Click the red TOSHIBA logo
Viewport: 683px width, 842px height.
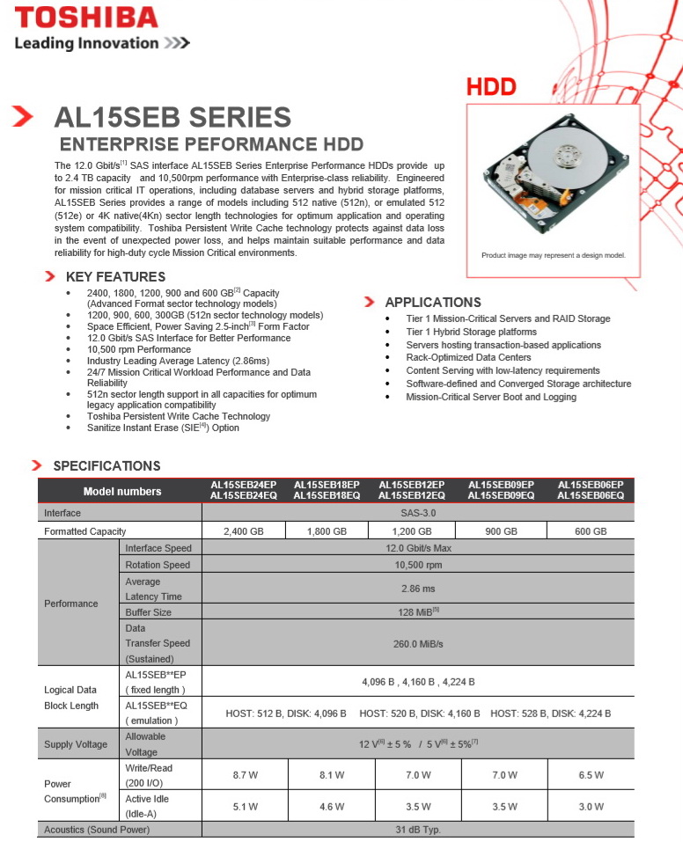(x=86, y=18)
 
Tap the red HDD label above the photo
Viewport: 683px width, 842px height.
(x=491, y=87)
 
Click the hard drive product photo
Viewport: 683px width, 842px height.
(x=551, y=176)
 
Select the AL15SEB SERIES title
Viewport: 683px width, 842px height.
(x=173, y=117)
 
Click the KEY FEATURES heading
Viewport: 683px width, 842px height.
(x=115, y=277)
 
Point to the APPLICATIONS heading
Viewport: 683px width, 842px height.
(x=433, y=302)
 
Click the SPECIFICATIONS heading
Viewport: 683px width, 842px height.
(x=106, y=465)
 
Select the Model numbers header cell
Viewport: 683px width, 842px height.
(x=122, y=491)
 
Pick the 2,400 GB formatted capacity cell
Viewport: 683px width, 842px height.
(x=243, y=531)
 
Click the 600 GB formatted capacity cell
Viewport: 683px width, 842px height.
(x=591, y=531)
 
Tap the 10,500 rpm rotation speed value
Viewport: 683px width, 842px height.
(x=418, y=565)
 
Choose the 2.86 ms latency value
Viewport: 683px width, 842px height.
(x=418, y=589)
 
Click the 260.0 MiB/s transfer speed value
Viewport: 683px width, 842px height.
(x=418, y=644)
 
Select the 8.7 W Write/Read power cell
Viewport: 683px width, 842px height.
(x=245, y=775)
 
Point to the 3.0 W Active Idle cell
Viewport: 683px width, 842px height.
(x=591, y=806)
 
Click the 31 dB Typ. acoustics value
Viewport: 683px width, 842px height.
(x=418, y=830)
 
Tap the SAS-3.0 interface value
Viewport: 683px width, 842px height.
(x=418, y=513)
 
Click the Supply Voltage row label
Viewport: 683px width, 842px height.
(x=76, y=744)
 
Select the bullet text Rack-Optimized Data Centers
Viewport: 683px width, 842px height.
(x=468, y=358)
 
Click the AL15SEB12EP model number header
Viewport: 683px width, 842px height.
(x=411, y=485)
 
